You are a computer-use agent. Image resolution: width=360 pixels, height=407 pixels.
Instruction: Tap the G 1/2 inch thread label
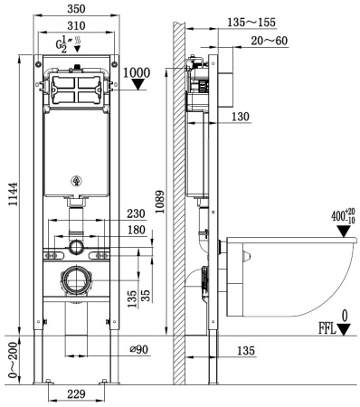tap(64, 45)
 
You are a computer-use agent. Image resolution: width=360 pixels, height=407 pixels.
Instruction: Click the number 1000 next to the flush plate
tap(137, 72)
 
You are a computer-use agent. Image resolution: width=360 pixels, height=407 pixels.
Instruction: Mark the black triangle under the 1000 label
tap(138, 87)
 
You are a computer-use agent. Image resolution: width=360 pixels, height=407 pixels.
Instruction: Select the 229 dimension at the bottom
tap(78, 394)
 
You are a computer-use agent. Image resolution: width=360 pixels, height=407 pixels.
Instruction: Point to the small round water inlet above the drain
tap(78, 246)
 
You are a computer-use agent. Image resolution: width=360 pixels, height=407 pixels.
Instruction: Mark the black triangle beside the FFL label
tap(345, 329)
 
